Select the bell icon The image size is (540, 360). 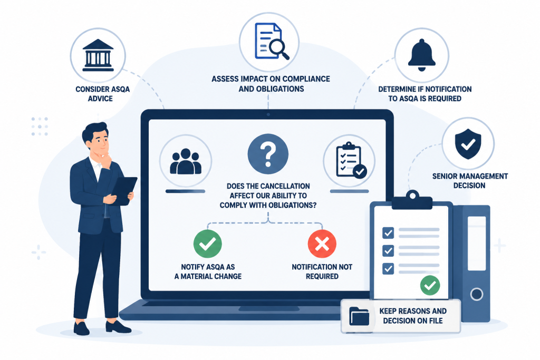click(x=421, y=55)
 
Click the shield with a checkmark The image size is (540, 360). click(x=468, y=144)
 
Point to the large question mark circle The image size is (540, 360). click(x=268, y=154)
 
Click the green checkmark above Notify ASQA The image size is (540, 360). click(x=208, y=244)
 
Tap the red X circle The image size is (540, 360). click(x=322, y=244)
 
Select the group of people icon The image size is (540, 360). click(x=186, y=161)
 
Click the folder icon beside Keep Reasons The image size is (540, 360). click(x=359, y=316)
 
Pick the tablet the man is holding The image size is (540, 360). click(x=123, y=190)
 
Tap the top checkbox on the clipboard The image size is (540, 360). click(x=388, y=233)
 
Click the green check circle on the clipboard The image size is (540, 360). click(x=430, y=285)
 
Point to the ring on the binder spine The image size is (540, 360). click(x=477, y=294)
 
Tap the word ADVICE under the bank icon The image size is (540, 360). click(x=100, y=99)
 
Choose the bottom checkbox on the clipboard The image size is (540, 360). click(x=388, y=268)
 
